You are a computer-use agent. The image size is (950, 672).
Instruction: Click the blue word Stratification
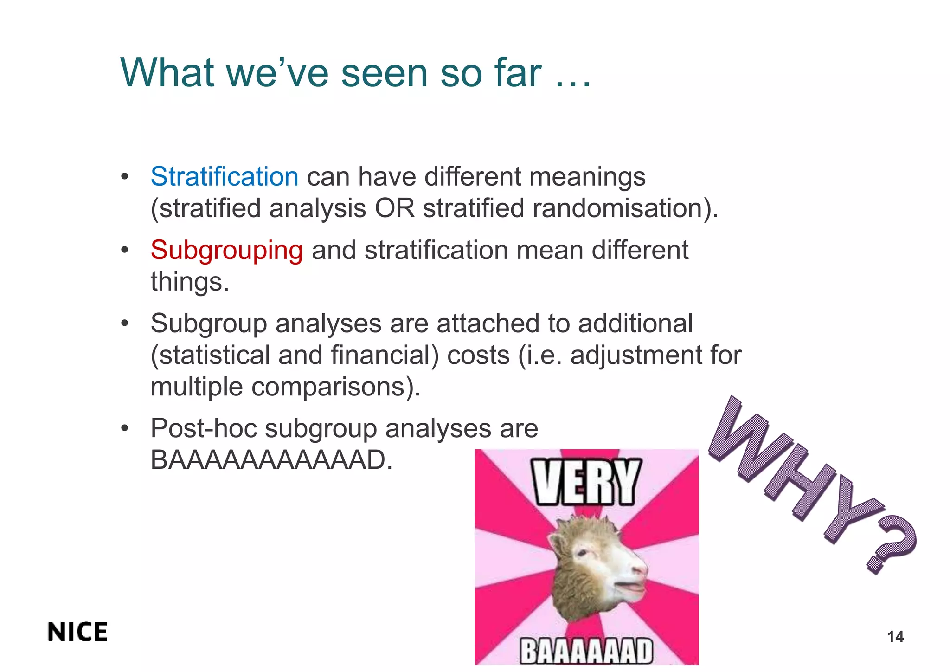[x=224, y=177]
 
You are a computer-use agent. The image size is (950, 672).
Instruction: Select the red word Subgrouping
[x=226, y=250]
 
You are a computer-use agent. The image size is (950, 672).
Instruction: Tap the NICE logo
[x=77, y=632]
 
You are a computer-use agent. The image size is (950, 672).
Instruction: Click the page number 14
[x=895, y=637]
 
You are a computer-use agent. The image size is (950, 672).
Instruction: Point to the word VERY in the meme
[x=586, y=482]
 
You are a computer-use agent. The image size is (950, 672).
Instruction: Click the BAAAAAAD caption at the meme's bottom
[x=586, y=651]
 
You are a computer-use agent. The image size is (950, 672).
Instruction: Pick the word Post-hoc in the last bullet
[x=204, y=428]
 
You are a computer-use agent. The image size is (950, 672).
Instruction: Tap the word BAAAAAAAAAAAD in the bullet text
[x=271, y=460]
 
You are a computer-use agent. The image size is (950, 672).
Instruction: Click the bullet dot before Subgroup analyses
[x=124, y=323]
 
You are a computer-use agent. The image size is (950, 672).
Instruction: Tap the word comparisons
[x=331, y=387]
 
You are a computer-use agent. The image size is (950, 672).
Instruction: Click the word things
[x=189, y=282]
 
